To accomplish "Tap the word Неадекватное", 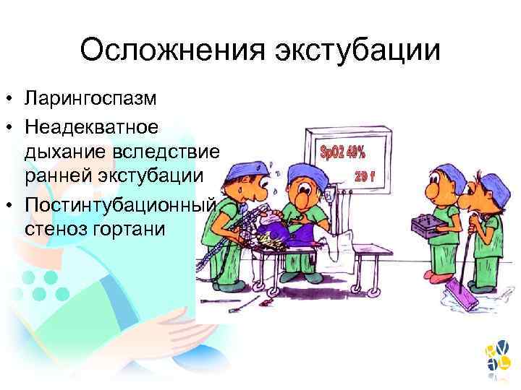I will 101,127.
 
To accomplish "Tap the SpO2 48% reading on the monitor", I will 343,152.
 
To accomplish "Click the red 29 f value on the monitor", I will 365,177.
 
